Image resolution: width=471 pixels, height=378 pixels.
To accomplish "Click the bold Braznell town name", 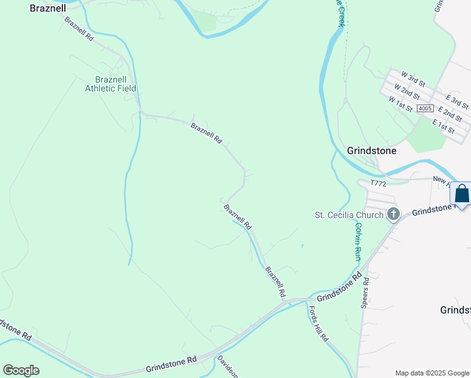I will coord(48,9).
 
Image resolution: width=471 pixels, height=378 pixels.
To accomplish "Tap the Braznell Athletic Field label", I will coord(111,84).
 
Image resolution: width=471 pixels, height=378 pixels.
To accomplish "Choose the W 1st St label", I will coord(400,103).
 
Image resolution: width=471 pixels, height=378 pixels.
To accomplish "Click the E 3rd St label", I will coord(457,101).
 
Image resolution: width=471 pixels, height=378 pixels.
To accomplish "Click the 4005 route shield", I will coord(425,109).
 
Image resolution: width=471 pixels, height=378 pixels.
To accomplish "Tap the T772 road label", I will coord(378,183).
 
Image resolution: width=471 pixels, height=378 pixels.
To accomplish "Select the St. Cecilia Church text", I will coord(349,215).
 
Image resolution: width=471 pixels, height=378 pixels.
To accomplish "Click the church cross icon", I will coord(394,215).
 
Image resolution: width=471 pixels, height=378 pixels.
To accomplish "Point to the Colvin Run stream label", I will coord(358,241).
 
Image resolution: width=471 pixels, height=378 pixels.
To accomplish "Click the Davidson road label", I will coord(228,367).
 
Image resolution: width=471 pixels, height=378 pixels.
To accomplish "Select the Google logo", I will coord(21,370).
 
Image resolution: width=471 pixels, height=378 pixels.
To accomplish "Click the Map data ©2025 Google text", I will coord(431,373).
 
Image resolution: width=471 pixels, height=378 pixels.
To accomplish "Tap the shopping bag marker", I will coord(462,194).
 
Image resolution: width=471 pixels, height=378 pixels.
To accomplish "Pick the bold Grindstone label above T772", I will coord(372,151).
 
